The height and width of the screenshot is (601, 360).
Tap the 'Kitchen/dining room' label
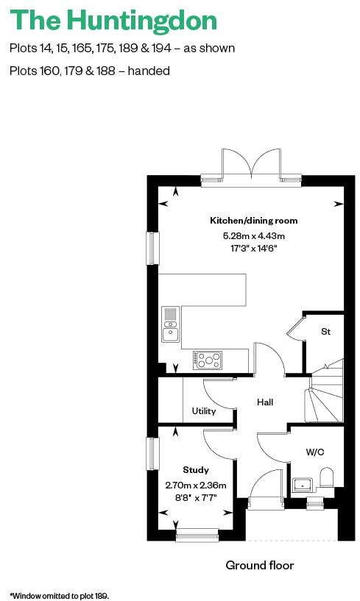[x=253, y=221]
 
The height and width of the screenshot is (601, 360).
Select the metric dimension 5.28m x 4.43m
[x=253, y=236]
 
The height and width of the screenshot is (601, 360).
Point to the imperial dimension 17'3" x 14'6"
[x=253, y=249]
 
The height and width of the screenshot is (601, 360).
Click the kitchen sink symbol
[x=171, y=324]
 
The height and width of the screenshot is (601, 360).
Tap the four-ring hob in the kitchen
[x=209, y=360]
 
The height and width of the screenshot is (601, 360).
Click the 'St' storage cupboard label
[x=325, y=332]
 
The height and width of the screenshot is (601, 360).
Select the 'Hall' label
[x=265, y=402]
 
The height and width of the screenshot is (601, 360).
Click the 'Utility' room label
[x=204, y=410]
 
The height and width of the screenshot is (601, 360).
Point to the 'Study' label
[x=196, y=469]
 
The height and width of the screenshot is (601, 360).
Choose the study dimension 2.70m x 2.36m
[x=196, y=485]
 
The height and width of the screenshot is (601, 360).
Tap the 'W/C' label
[x=315, y=452]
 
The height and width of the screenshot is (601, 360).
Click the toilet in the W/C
[x=328, y=479]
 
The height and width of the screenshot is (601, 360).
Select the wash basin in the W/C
[x=303, y=486]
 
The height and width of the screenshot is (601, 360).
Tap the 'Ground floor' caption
[x=259, y=565]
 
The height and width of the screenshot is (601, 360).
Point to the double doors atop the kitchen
[x=252, y=163]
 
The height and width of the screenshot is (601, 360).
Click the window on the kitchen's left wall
[x=152, y=248]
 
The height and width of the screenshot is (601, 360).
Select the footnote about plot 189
[x=59, y=594]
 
